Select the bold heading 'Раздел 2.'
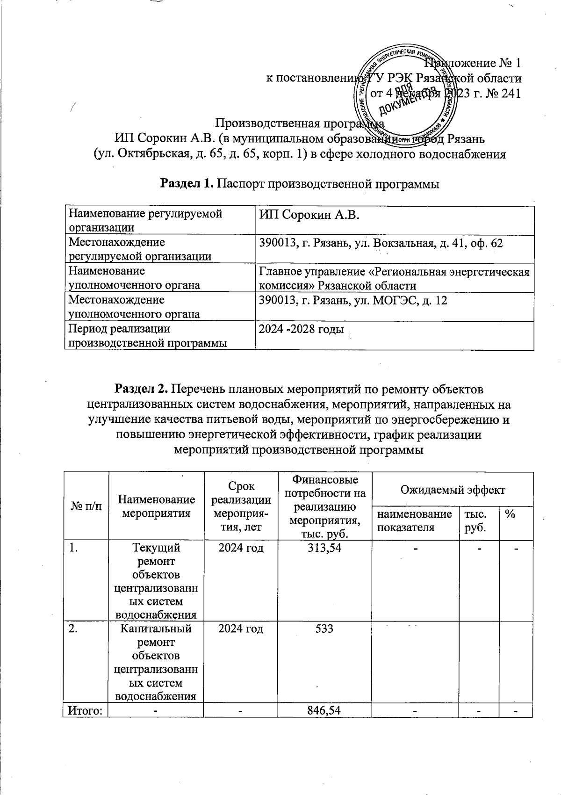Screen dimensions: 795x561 coord(141,389)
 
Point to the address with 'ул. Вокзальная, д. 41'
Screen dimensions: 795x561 coord(381,244)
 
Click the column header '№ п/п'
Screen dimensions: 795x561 coord(86,506)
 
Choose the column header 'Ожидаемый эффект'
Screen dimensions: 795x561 coord(452,490)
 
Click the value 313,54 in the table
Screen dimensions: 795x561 coord(324,548)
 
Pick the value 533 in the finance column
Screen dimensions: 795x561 coord(324,629)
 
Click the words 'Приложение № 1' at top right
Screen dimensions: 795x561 coord(472,63)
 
